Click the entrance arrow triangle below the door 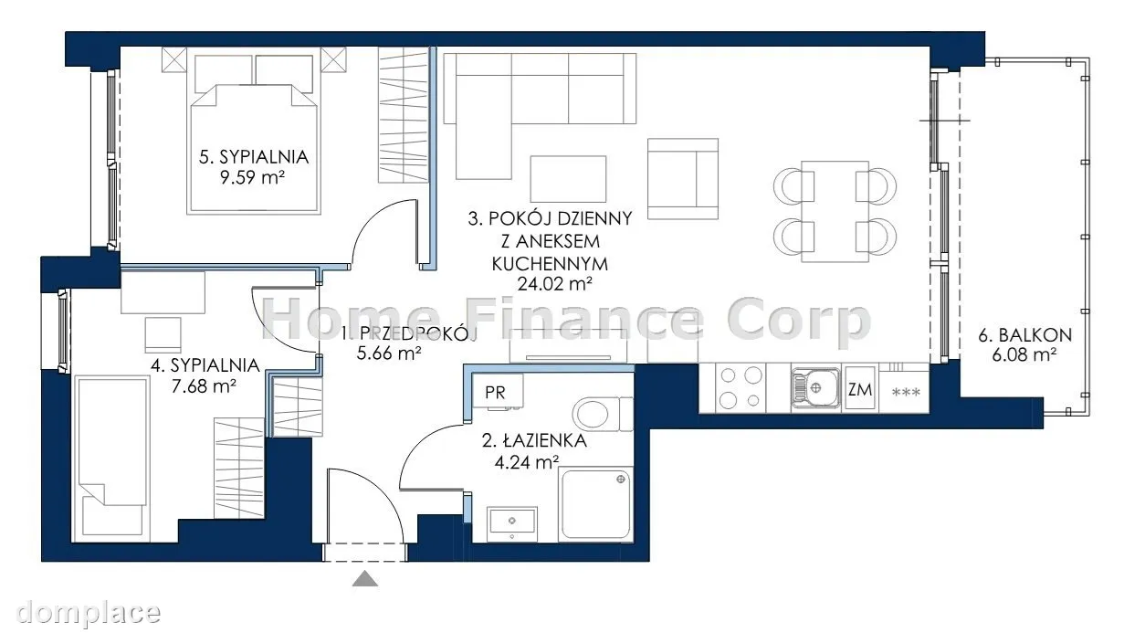pos(365,579)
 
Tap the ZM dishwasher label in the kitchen pos(859,389)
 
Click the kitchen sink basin pos(815,387)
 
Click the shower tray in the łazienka pos(595,504)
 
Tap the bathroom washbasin pos(512,524)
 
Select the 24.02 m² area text pos(554,284)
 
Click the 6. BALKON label pos(1024,335)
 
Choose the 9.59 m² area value pos(252,177)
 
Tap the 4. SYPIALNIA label pos(205,365)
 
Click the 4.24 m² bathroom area pos(527,461)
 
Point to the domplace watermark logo pos(89,613)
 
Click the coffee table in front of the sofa pos(568,179)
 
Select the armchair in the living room pos(682,179)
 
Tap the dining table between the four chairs pos(835,211)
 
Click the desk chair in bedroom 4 pos(163,335)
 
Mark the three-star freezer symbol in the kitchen pos(906,392)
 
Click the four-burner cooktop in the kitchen pos(741,387)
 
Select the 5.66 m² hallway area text pos(389,353)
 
